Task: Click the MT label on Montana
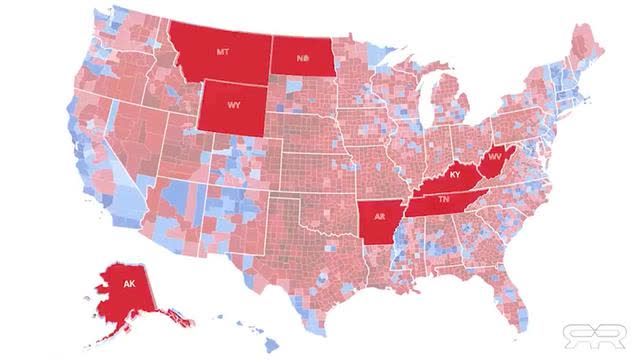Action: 222,50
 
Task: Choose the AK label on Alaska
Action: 128,283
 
